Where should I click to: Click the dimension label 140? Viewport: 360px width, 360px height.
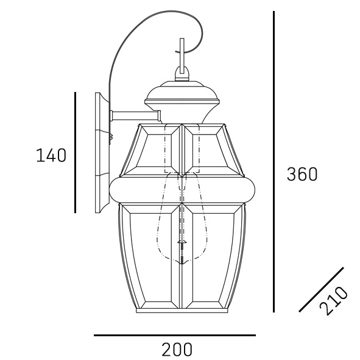pyautogui.click(x=51, y=155)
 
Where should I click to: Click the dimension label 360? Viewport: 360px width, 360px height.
pyautogui.click(x=302, y=174)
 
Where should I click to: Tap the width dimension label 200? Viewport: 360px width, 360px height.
pyautogui.click(x=177, y=349)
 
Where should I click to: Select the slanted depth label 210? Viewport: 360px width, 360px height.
pyautogui.click(x=334, y=300)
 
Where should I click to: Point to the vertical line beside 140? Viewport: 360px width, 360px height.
pyautogui.click(x=75, y=152)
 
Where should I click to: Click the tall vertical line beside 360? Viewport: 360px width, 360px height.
pyautogui.click(x=274, y=161)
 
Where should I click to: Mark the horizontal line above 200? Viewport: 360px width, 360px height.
pyautogui.click(x=175, y=335)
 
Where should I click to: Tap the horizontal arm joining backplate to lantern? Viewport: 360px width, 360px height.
pyautogui.click(x=135, y=116)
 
